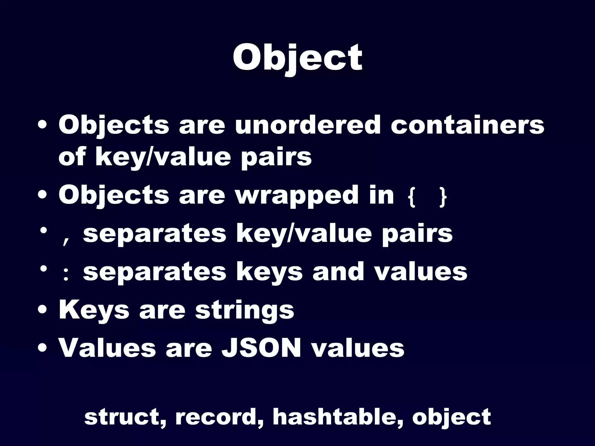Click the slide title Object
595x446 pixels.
[297, 58]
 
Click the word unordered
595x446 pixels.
[308, 125]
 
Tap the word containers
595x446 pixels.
[467, 125]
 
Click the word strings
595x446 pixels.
[245, 310]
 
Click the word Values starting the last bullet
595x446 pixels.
[107, 348]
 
